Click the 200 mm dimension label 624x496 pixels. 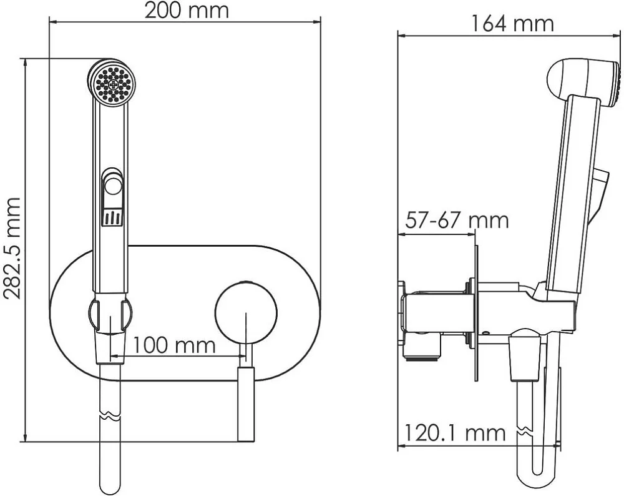(187, 11)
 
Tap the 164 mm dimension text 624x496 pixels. (512, 24)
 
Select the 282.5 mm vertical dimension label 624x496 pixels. (11, 248)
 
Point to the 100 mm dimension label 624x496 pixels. (173, 345)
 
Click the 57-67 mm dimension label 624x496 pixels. (457, 221)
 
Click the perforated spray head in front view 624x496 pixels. (112, 83)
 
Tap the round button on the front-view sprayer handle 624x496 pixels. (112, 186)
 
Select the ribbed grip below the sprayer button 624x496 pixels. (112, 217)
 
